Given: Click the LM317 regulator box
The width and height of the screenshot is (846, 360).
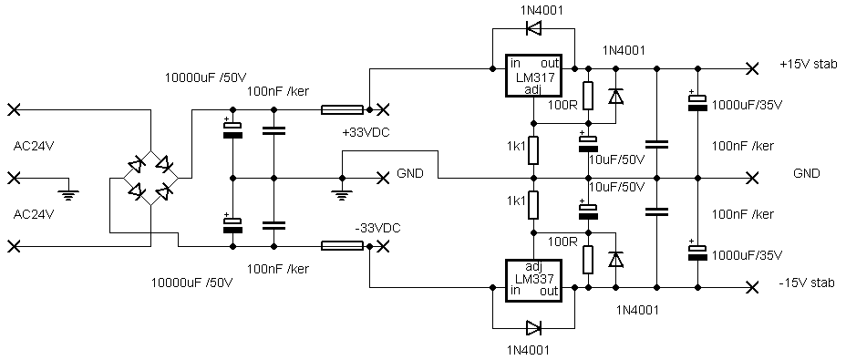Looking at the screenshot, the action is pos(533,76).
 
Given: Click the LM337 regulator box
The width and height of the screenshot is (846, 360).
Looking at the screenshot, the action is pos(533,279).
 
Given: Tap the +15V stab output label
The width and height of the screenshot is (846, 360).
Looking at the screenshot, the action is pos(808,65).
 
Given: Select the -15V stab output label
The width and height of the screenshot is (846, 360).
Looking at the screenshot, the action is pos(808,283).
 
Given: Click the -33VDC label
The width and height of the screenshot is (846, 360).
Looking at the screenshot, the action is pos(377,229).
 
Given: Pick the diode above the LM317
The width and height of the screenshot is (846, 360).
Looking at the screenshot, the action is pos(533,28).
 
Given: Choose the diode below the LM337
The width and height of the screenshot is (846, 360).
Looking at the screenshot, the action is pos(533,327).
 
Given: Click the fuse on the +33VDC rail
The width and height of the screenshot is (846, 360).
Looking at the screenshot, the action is pos(342,110).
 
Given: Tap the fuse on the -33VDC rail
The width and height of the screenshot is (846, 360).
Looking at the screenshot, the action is pos(342,246).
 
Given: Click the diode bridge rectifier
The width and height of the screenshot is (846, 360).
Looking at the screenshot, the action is pos(150,178).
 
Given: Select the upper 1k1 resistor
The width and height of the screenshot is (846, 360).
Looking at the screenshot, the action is pos(533,150).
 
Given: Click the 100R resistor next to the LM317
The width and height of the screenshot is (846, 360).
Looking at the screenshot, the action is pos(588,96).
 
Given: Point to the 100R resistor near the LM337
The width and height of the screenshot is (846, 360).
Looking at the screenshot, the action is pos(588,259).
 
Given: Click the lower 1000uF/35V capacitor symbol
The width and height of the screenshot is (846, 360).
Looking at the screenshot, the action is pos(697,252).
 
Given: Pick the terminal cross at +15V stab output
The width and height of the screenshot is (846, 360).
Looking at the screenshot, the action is pos(751,69).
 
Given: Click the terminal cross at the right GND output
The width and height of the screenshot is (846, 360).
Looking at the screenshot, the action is pos(751,178).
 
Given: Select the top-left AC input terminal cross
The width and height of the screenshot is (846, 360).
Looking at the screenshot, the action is pos(15,110).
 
